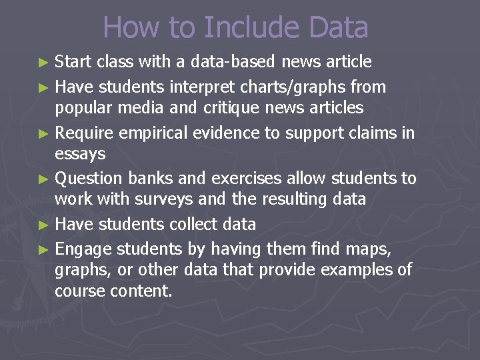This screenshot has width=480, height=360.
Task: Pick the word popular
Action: [x=83, y=107]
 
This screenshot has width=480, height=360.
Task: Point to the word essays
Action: [x=80, y=154]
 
